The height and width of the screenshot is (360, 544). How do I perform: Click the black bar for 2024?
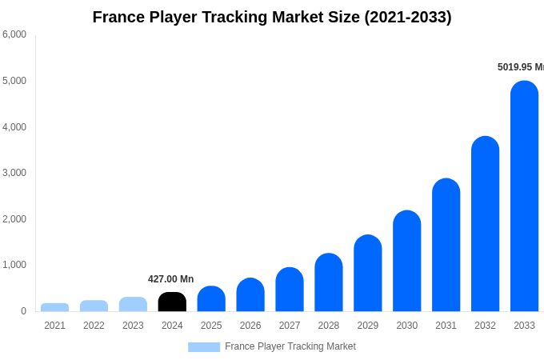point(172,302)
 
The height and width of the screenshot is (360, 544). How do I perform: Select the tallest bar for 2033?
point(524,196)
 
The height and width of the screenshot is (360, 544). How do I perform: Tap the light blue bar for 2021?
point(54,307)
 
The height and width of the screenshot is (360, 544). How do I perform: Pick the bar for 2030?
point(406,261)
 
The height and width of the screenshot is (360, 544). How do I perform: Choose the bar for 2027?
point(290,290)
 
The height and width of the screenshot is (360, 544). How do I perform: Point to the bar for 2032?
point(485,224)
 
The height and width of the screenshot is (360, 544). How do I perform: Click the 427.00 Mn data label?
point(170,279)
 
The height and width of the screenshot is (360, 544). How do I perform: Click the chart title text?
point(272,17)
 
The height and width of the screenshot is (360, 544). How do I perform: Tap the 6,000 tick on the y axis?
point(14,34)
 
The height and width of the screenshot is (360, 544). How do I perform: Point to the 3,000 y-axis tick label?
point(14,173)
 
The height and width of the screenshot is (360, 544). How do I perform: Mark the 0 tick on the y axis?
point(23,311)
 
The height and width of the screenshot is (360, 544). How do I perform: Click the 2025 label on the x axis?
point(211,326)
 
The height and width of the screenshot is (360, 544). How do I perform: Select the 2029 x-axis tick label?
point(367,326)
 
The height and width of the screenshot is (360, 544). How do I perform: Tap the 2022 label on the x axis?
point(94,326)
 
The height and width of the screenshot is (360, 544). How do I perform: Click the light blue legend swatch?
point(204,347)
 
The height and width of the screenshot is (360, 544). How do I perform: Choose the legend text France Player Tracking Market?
point(290,346)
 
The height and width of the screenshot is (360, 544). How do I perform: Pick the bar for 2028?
point(329,282)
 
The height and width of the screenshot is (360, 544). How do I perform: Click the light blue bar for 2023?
point(133,304)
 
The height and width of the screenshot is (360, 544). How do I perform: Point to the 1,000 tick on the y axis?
point(14,265)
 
